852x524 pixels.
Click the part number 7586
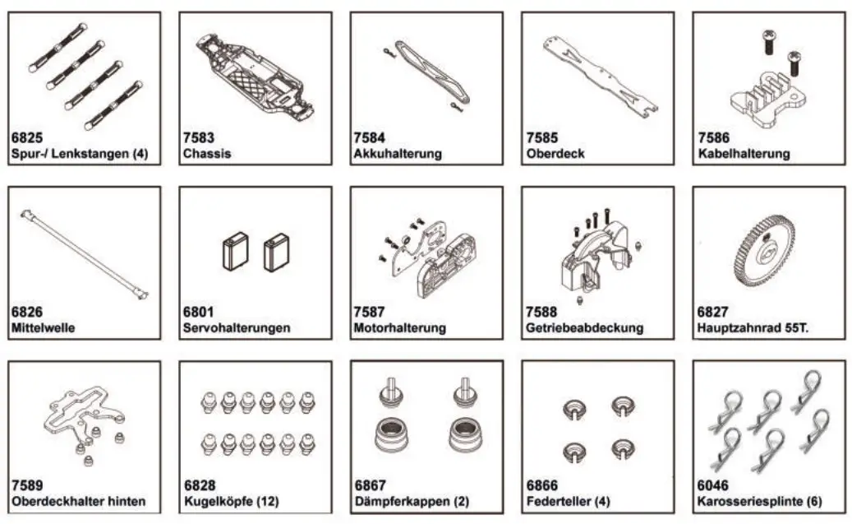tap(713, 138)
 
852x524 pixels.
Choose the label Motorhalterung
tap(399, 327)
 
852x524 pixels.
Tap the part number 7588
tap(541, 313)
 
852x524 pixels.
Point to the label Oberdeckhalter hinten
tap(79, 501)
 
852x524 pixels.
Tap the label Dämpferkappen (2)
tap(411, 501)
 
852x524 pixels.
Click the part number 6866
tap(541, 486)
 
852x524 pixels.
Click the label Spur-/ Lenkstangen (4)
tap(80, 154)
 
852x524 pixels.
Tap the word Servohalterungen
tap(237, 327)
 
